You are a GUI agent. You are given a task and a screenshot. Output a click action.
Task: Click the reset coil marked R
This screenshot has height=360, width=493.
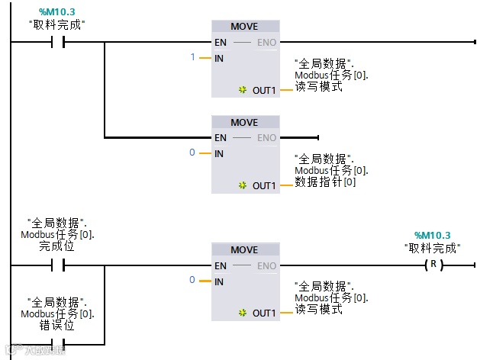coord(433,265)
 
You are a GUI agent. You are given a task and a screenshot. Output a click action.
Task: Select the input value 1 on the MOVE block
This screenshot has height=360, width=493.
coord(194,58)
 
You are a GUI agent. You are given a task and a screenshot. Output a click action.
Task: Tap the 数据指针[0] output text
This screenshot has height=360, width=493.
coord(325,182)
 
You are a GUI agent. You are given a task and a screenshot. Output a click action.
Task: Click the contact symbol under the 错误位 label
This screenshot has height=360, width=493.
coord(57,342)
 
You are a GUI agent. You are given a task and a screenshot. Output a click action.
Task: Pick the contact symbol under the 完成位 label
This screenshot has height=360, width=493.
coord(57,265)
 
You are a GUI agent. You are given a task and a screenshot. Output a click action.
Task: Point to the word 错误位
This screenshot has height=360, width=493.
coord(56,324)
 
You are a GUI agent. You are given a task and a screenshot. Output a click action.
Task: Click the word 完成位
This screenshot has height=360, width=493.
coord(56,246)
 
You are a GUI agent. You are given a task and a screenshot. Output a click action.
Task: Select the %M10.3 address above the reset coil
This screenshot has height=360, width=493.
coord(432,235)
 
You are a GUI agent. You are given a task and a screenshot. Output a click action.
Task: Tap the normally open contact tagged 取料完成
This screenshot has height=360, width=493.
coord(57,42)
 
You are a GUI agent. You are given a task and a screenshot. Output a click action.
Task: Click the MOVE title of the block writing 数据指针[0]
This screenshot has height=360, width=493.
coord(244,122)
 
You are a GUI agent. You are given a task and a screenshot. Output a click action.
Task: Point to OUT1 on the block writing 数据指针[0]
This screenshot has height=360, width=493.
coord(264,185)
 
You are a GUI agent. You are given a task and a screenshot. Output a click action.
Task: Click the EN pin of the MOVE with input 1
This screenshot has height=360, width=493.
coord(221,42)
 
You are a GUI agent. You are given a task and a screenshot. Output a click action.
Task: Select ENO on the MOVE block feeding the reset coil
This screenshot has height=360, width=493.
coord(266,265)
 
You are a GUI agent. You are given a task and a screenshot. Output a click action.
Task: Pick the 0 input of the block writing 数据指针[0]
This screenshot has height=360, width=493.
coord(193,153)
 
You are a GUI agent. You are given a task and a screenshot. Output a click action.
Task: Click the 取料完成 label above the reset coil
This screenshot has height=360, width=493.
coord(432,247)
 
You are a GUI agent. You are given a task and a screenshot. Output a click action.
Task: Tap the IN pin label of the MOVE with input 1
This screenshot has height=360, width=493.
coord(220,58)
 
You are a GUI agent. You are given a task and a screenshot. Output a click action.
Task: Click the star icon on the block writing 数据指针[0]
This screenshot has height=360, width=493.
coord(243,185)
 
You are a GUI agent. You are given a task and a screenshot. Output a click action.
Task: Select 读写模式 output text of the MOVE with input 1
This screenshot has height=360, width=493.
coord(318,86)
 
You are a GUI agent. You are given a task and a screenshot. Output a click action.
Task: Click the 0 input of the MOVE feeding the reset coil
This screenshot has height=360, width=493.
coord(193,281)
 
